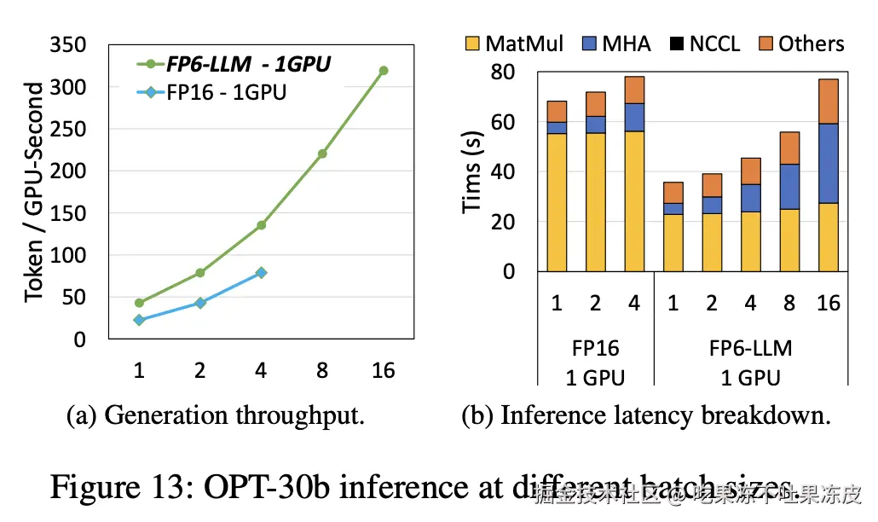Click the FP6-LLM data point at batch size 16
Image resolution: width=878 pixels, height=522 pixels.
tap(384, 71)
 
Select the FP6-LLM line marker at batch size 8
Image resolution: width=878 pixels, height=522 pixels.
tap(322, 154)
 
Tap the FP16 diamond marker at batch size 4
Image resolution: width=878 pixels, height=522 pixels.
tap(261, 273)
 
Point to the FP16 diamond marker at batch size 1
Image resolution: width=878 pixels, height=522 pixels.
tap(139, 320)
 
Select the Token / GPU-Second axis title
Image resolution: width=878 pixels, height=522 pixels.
tap(34, 192)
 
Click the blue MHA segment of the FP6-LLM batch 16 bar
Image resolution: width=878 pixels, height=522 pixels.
tap(829, 163)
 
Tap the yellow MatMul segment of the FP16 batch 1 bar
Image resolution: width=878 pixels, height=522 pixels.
tap(557, 202)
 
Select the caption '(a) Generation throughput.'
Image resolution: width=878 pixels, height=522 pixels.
tap(216, 416)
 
